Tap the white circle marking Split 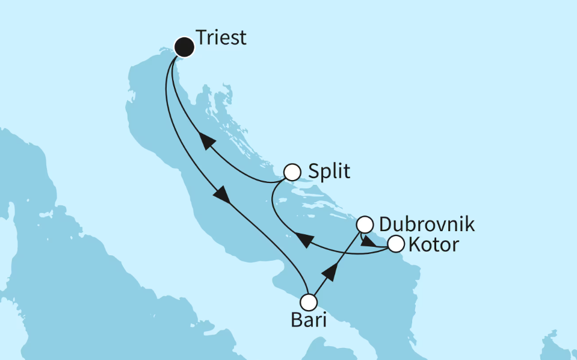click(292, 173)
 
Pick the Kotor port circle click(395, 244)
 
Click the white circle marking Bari click(309, 302)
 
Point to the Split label click(329, 172)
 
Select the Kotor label click(433, 245)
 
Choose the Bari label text click(309, 321)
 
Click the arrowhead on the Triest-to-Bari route click(221, 194)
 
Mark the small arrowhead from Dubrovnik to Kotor click(365, 241)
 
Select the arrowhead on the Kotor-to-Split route click(306, 241)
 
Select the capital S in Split click(313, 172)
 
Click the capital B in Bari click(296, 321)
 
